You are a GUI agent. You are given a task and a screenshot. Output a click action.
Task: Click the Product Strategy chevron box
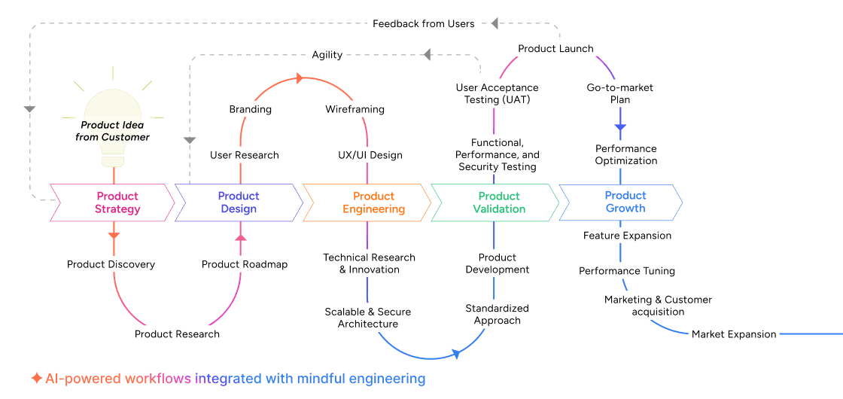pyautogui.click(x=113, y=203)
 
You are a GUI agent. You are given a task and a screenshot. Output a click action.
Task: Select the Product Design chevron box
pyautogui.click(x=239, y=203)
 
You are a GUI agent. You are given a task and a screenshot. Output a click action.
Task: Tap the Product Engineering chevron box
pyautogui.click(x=367, y=203)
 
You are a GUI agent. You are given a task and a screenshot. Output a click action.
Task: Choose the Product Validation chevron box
pyautogui.click(x=495, y=203)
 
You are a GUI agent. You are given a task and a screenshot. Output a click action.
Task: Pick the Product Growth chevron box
pyautogui.click(x=622, y=203)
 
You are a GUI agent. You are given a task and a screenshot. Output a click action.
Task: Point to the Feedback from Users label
pyautogui.click(x=423, y=24)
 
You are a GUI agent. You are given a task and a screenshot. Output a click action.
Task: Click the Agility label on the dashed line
pyautogui.click(x=327, y=55)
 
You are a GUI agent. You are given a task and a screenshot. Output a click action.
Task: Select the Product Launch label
pyautogui.click(x=555, y=49)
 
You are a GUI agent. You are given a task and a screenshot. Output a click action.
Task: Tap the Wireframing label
pyautogui.click(x=355, y=109)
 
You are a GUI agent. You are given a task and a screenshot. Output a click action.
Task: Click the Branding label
pyautogui.click(x=250, y=109)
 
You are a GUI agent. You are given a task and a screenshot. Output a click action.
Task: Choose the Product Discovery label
pyautogui.click(x=111, y=264)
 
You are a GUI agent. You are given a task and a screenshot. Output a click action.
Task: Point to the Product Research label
pyautogui.click(x=177, y=334)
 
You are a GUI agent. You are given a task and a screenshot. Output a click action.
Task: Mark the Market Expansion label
pyautogui.click(x=734, y=334)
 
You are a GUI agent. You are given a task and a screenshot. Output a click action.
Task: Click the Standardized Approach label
pyautogui.click(x=497, y=315)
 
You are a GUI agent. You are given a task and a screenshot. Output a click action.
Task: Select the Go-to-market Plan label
pyautogui.click(x=619, y=93)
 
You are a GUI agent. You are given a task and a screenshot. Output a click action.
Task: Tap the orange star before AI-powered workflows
pyautogui.click(x=36, y=379)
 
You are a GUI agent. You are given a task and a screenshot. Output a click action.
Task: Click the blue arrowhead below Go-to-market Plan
pyautogui.click(x=620, y=128)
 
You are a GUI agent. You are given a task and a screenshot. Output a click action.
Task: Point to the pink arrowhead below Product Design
pyautogui.click(x=241, y=239)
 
